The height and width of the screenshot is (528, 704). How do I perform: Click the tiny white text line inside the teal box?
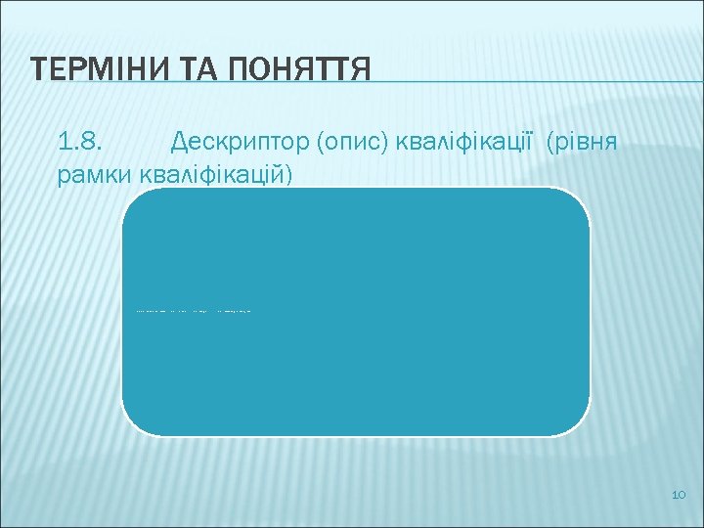193,311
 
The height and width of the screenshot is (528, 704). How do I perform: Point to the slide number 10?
680,498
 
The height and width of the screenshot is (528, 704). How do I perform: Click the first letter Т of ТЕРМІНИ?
39,69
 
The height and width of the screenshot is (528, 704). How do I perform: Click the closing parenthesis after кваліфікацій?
288,174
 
